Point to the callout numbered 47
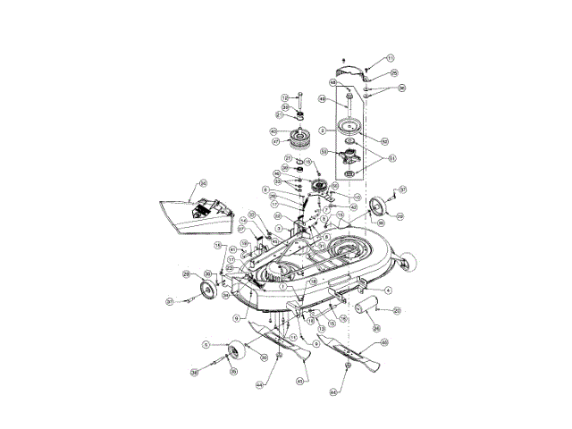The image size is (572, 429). tap(276, 141)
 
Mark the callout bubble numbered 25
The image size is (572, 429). tap(394, 72)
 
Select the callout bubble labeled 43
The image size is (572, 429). tap(300, 380)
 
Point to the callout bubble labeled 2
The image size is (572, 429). tap(334, 130)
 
